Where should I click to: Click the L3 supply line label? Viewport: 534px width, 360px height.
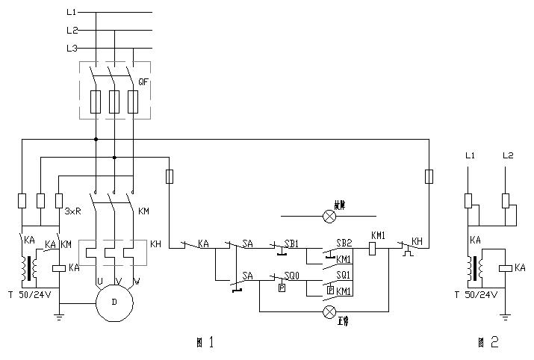71,49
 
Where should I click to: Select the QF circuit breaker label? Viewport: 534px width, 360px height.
143,81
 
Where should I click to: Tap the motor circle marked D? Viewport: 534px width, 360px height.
114,303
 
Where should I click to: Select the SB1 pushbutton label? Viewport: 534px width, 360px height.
291,243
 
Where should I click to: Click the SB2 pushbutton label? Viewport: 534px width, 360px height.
344,243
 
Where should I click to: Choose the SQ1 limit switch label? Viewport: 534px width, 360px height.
344,276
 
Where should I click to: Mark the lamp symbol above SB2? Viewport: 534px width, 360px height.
328,217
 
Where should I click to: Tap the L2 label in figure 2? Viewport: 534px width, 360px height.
507,156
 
